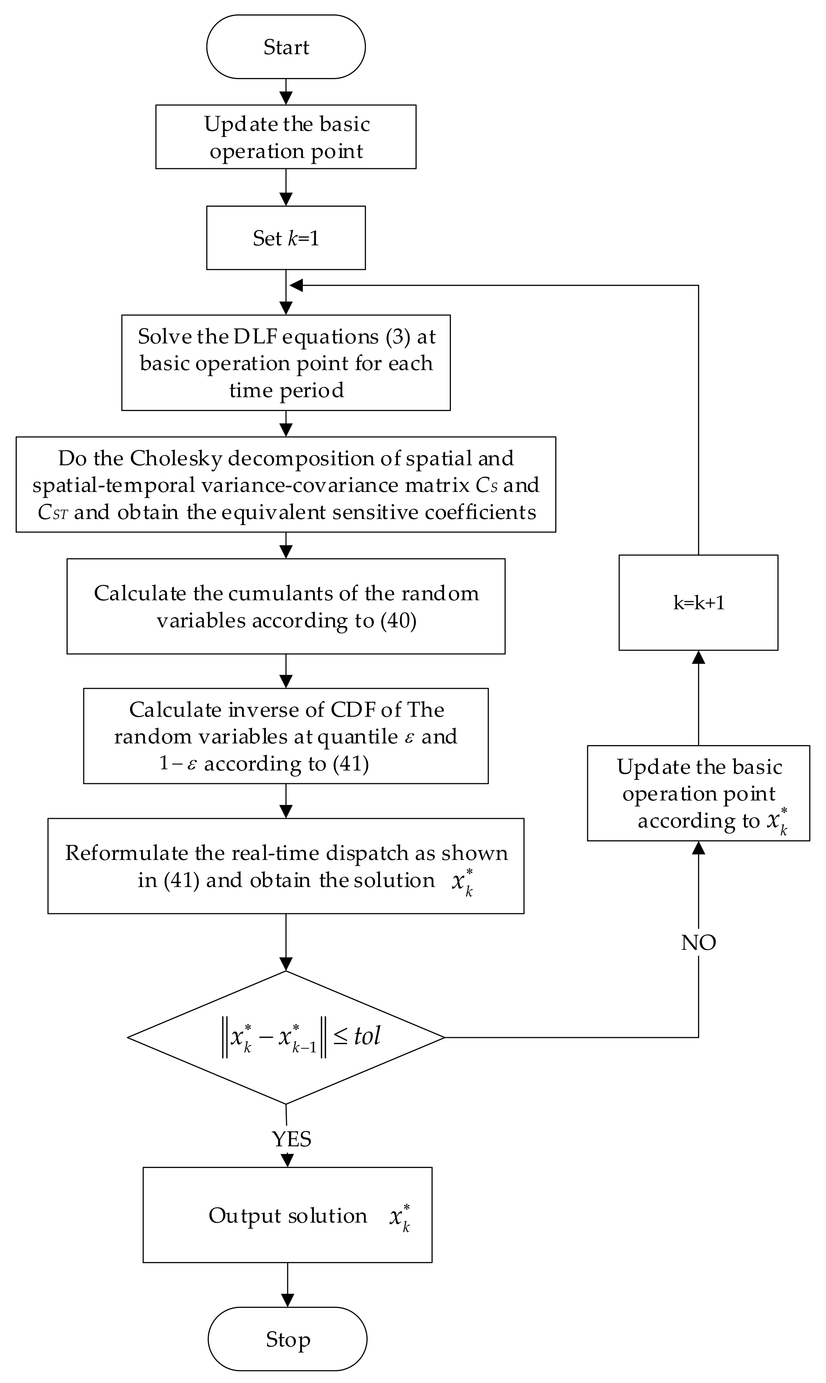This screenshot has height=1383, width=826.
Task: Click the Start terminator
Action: [286, 47]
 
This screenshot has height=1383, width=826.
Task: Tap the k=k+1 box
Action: [698, 602]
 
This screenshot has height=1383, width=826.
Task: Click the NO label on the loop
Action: [698, 942]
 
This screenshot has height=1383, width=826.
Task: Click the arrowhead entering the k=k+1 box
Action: [698, 657]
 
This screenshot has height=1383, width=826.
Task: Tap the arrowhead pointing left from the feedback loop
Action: [297, 286]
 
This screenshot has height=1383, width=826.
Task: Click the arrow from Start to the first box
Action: [286, 92]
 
